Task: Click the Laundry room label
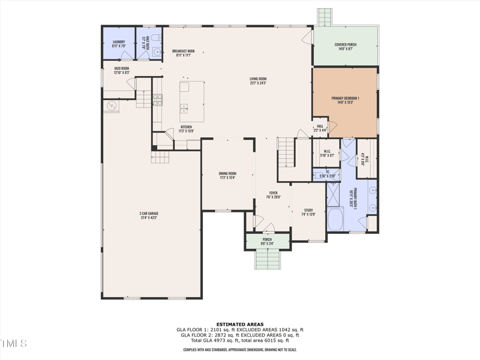click(118, 44)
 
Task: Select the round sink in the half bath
click(158, 52)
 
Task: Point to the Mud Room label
click(122, 70)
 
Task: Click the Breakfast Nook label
click(183, 53)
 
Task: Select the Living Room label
click(258, 81)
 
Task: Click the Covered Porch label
click(346, 47)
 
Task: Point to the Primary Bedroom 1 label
click(346, 100)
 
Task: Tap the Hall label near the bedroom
click(320, 128)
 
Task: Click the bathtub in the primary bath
click(334, 220)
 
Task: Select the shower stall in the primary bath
click(333, 194)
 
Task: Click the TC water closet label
click(328, 174)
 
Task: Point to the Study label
click(308, 212)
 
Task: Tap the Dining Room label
click(227, 176)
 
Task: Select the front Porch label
click(267, 241)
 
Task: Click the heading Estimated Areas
click(240, 325)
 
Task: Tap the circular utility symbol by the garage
click(111, 106)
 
